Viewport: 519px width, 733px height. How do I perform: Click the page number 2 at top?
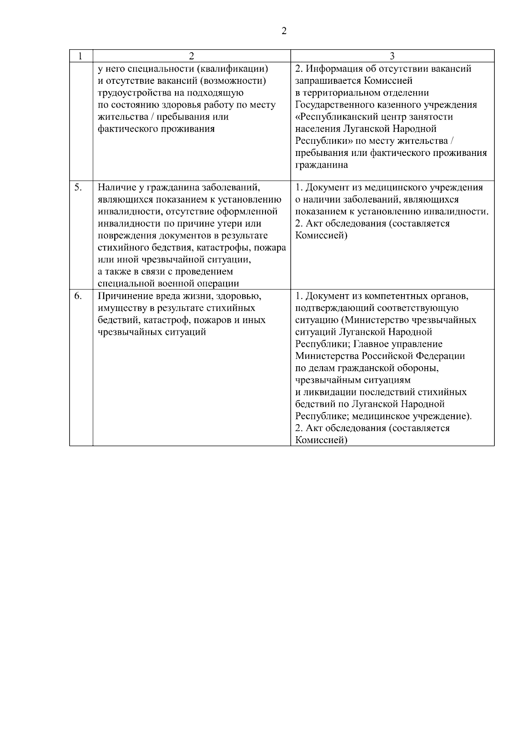click(284, 31)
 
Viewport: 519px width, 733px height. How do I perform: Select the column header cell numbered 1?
click(80, 56)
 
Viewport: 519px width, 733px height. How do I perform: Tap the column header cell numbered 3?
click(392, 56)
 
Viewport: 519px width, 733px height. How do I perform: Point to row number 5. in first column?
click(78, 187)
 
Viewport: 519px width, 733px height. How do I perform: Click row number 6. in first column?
click(78, 296)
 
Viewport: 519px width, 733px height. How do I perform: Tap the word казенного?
click(396, 105)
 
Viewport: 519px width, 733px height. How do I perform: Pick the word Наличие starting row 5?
click(114, 187)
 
